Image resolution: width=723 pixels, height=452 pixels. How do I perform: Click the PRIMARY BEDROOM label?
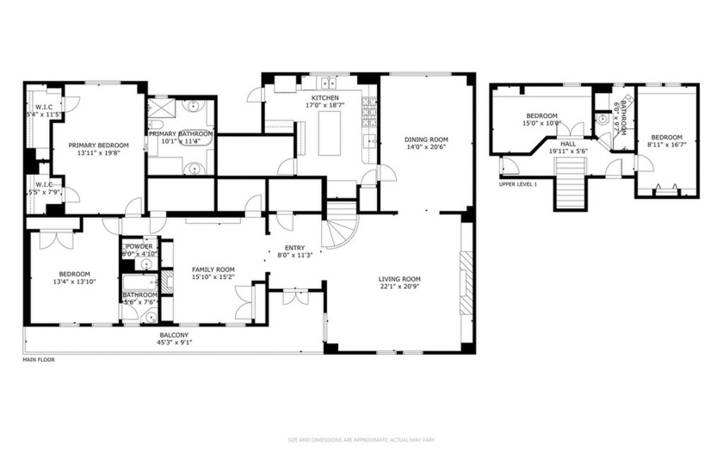coord(98,146)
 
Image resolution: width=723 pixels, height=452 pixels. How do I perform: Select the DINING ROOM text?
coord(427,139)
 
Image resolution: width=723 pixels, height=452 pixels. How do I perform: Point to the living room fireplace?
coord(467,284)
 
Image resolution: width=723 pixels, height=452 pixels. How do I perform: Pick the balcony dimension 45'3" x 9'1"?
coord(174,343)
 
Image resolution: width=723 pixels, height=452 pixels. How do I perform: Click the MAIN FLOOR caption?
coord(39,359)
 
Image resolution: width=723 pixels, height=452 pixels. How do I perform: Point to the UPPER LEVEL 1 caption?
coord(517,184)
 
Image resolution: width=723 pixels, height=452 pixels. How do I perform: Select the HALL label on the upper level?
coord(568,144)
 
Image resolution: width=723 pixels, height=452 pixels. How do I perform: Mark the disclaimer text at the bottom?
coord(361,441)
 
